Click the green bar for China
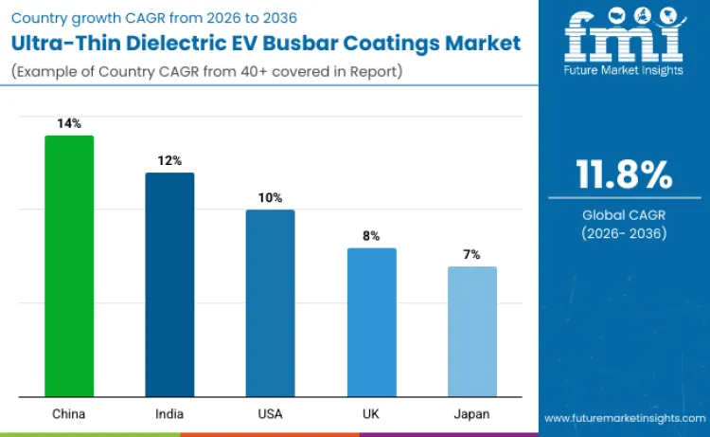pyautogui.click(x=69, y=266)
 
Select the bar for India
pyautogui.click(x=169, y=284)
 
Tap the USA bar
pyautogui.click(x=270, y=303)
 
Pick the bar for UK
pyautogui.click(x=371, y=322)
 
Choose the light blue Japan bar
pyautogui.click(x=471, y=332)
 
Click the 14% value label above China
pyautogui.click(x=69, y=123)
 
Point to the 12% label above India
pyautogui.click(x=169, y=160)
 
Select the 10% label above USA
pyautogui.click(x=270, y=197)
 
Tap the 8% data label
pyautogui.click(x=371, y=235)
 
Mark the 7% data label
pyautogui.click(x=471, y=254)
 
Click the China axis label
pyautogui.click(x=69, y=414)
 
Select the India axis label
pyautogui.click(x=169, y=414)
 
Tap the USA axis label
pyautogui.click(x=270, y=414)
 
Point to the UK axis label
pyautogui.click(x=371, y=414)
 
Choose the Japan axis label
pyautogui.click(x=471, y=414)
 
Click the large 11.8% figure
pyautogui.click(x=624, y=175)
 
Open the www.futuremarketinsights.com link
pyautogui.click(x=624, y=418)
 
